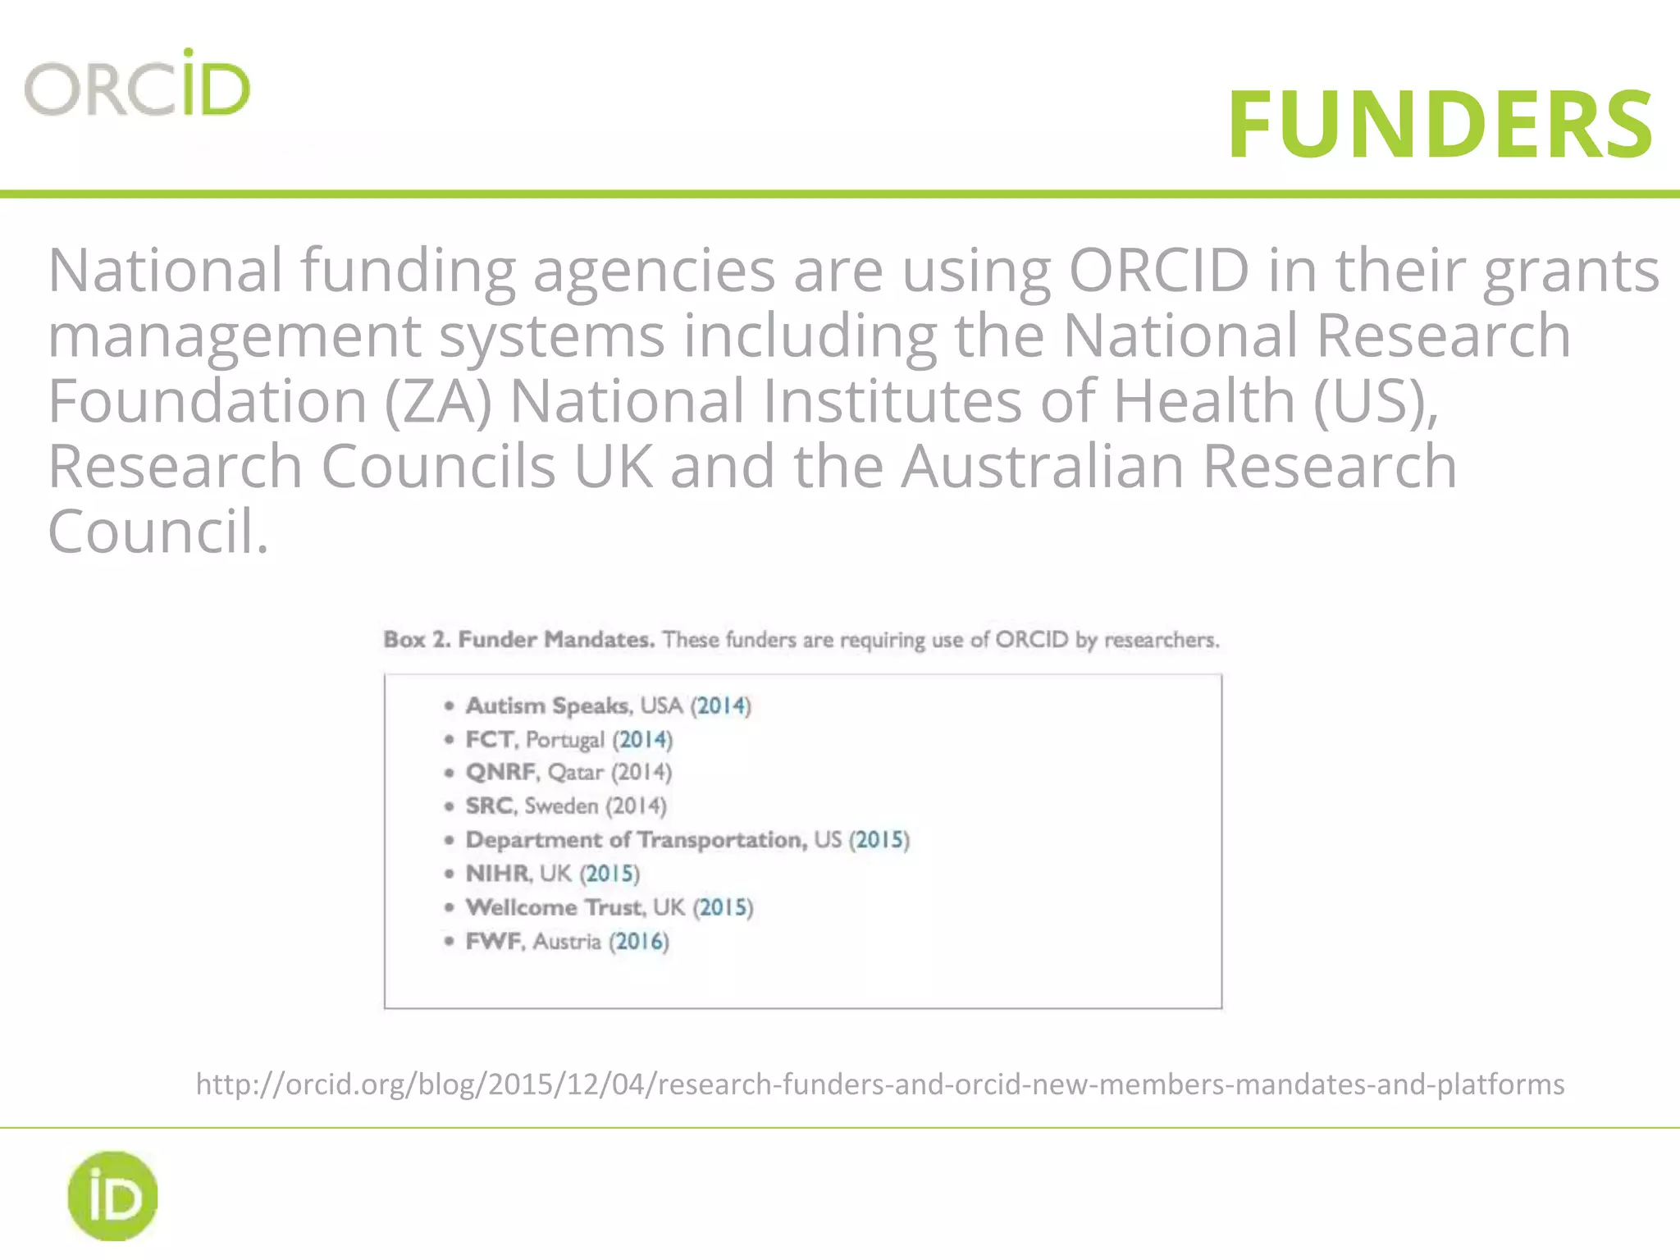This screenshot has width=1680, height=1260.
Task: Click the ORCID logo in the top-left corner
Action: point(137,84)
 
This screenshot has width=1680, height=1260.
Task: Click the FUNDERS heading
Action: point(1440,125)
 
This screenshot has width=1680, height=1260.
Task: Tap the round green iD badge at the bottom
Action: point(112,1195)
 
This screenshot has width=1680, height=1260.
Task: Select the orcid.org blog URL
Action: point(879,1084)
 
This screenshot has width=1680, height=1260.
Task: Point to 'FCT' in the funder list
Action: point(490,739)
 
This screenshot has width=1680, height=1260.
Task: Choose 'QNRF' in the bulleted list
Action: point(500,772)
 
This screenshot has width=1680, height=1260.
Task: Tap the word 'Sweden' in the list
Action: point(561,806)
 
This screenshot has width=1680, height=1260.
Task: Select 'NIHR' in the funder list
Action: point(498,873)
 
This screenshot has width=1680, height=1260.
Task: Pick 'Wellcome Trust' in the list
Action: point(555,906)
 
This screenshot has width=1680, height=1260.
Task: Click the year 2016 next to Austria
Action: point(639,941)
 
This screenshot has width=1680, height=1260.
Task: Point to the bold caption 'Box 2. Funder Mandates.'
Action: point(518,639)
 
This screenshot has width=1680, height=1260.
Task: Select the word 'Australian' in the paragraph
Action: point(1043,466)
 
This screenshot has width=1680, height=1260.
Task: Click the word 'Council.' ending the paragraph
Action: point(157,532)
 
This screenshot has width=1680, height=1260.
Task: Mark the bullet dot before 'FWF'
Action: point(449,941)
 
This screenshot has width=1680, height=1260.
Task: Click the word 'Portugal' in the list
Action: point(564,740)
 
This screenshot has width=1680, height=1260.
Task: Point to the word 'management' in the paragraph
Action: point(234,336)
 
